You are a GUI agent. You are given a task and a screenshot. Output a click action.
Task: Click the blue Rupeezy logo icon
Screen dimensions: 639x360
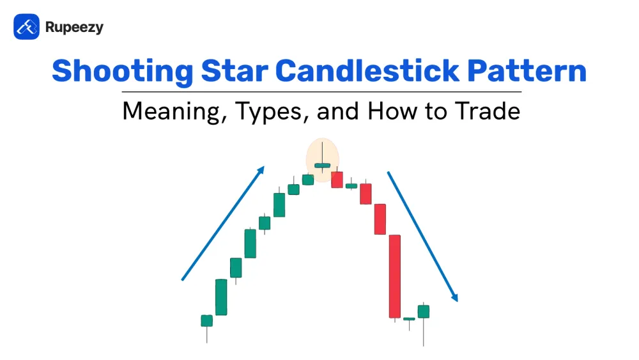point(26,27)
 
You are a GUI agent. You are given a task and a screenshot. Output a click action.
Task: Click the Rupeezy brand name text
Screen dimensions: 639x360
point(74,27)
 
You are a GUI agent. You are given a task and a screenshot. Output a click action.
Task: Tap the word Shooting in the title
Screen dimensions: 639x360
point(123,72)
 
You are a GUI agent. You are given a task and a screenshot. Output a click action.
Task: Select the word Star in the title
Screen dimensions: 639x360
point(235,71)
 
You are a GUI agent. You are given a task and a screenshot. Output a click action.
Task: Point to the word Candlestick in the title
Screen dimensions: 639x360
point(367,71)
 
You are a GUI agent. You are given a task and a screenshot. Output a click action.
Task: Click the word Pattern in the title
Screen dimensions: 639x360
point(527,71)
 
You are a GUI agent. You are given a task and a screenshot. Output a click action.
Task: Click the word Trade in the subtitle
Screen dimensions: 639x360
point(488,111)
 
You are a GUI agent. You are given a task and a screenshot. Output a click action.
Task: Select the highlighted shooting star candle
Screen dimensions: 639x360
point(322,165)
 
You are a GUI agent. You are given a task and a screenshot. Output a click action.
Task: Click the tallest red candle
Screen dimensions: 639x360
point(394,276)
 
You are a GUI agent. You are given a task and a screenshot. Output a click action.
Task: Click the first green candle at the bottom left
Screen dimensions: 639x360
point(206,321)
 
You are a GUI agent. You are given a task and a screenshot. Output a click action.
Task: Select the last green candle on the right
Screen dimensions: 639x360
point(424,311)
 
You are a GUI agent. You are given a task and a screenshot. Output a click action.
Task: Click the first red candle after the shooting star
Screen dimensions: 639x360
point(337,180)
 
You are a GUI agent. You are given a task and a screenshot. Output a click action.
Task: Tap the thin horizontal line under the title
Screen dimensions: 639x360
point(321,92)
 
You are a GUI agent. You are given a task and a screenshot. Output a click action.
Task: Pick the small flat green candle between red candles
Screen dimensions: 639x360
point(351,186)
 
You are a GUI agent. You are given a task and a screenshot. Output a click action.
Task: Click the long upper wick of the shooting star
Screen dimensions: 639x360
point(322,152)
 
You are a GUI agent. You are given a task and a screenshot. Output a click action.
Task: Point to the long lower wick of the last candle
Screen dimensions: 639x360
point(424,333)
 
